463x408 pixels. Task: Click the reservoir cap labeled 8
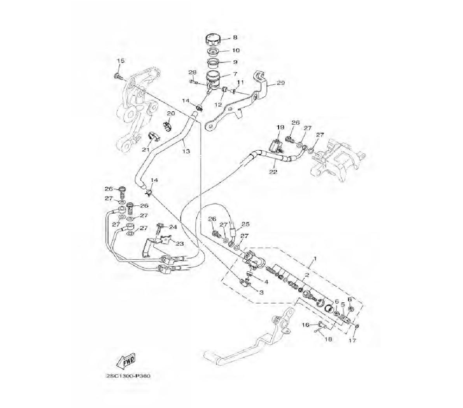coord(214,39)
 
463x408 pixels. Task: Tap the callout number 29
coord(281,83)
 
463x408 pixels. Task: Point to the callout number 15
coord(120,61)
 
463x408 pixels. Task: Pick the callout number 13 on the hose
coord(186,151)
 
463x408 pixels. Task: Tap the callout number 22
coord(273,172)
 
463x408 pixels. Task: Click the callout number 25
coord(245,224)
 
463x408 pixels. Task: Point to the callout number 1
coord(315,258)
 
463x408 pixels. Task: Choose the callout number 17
coord(352,341)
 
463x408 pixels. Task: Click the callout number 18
coord(328,339)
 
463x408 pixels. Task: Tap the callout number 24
coord(173,227)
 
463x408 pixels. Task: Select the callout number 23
coord(180,243)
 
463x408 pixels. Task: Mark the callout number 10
coord(236,50)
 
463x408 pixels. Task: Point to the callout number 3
coord(261,293)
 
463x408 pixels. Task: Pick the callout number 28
coord(193,72)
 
